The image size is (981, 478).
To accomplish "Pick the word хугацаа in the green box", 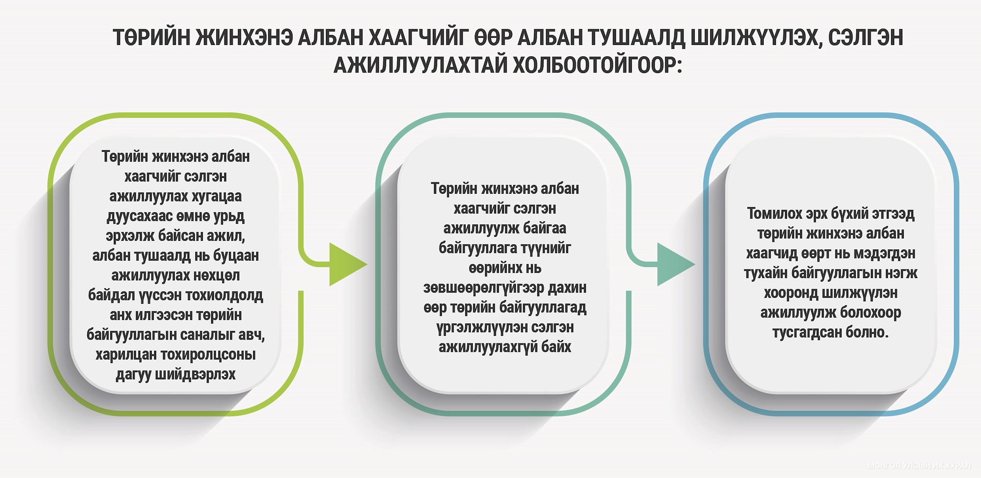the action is pos(216,197).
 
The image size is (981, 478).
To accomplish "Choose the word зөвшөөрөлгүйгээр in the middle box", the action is pos(484,288).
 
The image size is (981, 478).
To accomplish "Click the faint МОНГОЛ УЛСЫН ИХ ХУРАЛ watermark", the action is pos(919,466).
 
